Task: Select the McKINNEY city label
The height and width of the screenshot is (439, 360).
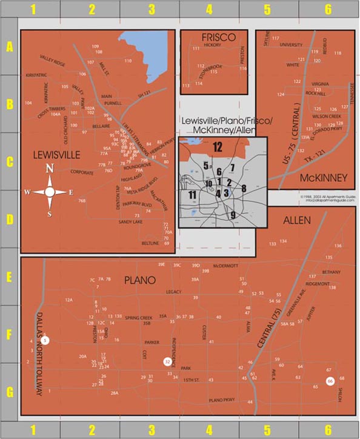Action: coord(323,178)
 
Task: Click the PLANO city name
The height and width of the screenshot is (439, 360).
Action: coord(140,280)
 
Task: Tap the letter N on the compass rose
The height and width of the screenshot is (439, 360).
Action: coord(50,169)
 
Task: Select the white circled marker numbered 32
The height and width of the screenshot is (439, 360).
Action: coord(167,361)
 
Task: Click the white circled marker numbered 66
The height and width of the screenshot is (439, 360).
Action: coord(330,381)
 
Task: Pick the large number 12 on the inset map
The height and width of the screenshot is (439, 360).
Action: coord(217,146)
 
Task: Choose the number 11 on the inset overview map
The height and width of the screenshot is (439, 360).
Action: coord(192,195)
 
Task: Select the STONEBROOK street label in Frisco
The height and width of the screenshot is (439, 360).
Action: coord(212,67)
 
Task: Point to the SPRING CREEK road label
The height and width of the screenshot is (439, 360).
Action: coord(139,317)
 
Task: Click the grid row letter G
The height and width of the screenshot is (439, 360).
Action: coord(9,392)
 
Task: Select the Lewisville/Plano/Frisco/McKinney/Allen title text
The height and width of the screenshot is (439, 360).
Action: coord(226,126)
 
